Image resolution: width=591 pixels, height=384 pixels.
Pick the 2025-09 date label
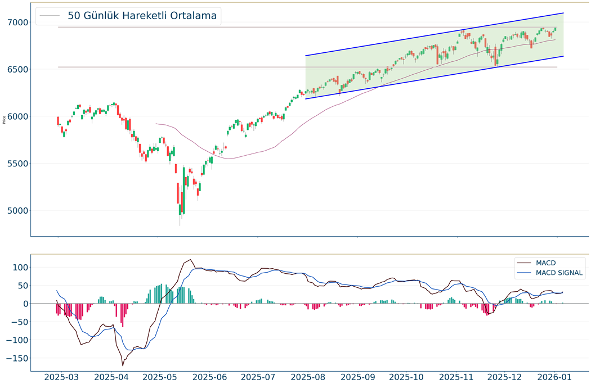[357, 377]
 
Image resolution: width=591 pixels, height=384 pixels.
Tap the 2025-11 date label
[457, 377]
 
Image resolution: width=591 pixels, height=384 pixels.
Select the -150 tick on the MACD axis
[16, 358]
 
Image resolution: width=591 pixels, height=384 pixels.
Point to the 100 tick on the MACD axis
[19, 268]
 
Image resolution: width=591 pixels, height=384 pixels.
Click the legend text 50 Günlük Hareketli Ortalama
[142, 16]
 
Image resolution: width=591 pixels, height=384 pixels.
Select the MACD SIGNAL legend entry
[559, 273]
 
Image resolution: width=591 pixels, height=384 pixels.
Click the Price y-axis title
[5, 119]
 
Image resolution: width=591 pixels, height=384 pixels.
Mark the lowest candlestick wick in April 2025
[180, 225]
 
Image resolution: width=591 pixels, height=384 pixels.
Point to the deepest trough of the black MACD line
[122, 365]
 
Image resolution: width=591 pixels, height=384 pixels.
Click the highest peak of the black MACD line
[190, 259]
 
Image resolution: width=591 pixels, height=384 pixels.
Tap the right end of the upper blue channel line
[563, 13]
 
